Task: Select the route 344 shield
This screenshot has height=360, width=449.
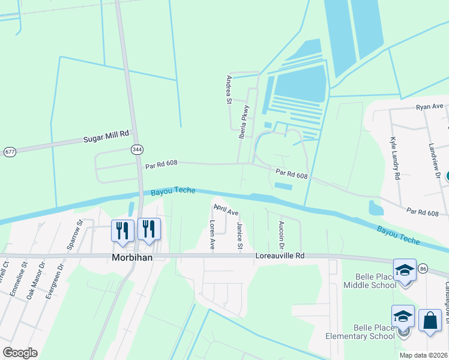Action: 137,148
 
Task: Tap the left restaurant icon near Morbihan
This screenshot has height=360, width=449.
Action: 122,231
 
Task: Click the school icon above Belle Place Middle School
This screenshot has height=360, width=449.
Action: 405,270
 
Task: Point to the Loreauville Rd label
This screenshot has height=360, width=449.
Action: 280,255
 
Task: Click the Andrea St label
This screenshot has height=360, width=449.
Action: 229,89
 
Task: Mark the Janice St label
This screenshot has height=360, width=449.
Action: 240,236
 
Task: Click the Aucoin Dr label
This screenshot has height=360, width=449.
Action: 281,235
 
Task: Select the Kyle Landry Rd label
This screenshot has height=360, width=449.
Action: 394,158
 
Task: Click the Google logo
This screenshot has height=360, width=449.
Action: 20,352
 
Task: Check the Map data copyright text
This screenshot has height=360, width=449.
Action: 423,355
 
